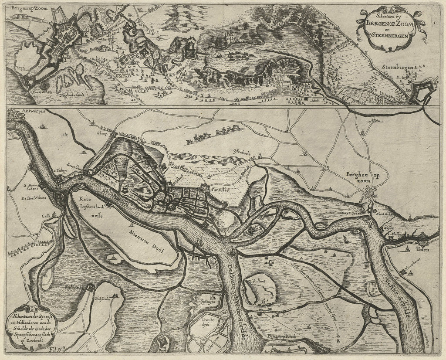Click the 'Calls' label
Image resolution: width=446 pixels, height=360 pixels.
(47, 214)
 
